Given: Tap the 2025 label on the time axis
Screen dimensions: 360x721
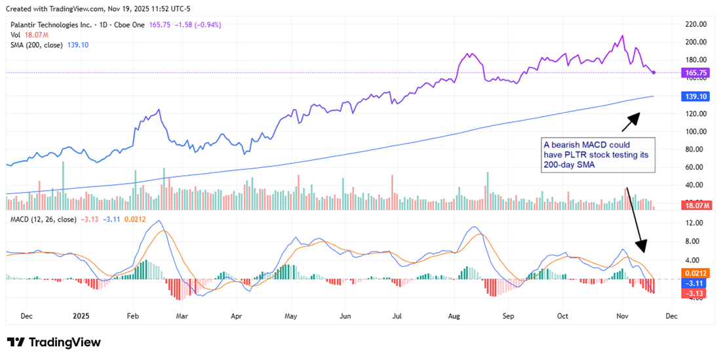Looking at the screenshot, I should click(x=80, y=315).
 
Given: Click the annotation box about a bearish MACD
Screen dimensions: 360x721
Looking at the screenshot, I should click(x=598, y=155).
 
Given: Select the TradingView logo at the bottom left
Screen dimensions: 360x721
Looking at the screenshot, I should click(x=54, y=342).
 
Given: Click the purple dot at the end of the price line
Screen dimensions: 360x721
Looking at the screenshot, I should click(x=654, y=72).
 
